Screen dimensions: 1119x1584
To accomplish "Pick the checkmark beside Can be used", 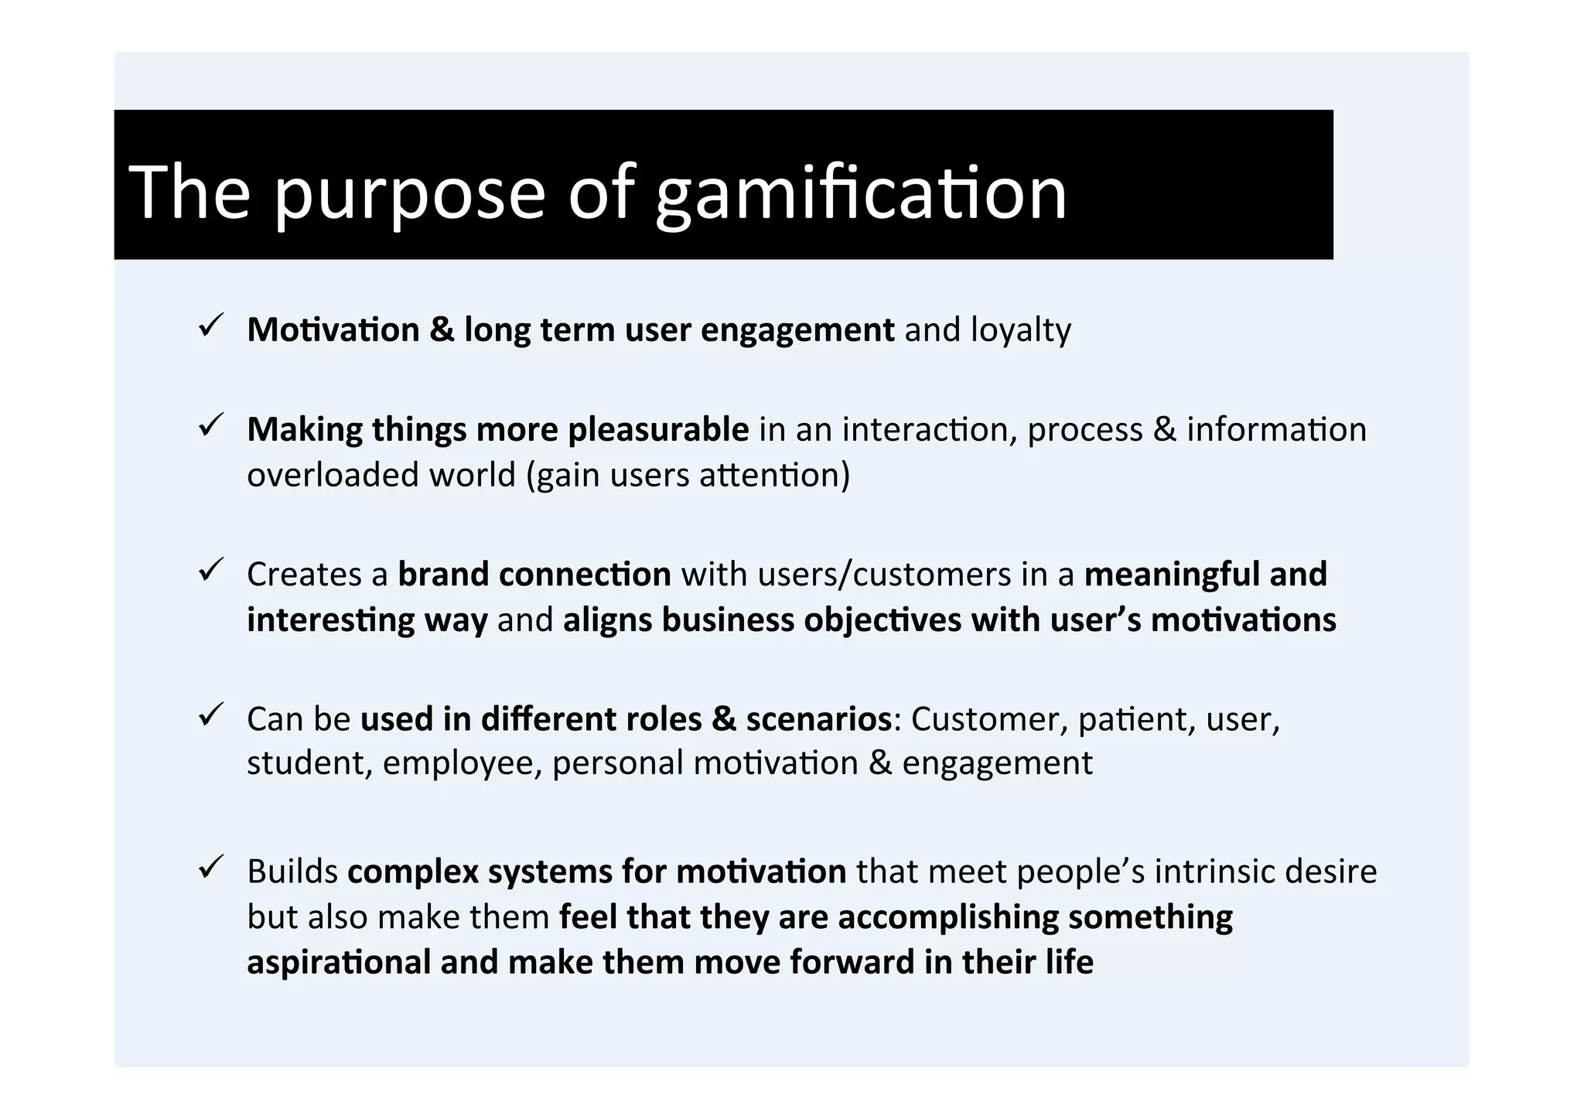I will pos(210,714).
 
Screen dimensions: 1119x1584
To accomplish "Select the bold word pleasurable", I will pos(658,430).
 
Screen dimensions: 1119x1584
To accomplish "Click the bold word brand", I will pos(443,575).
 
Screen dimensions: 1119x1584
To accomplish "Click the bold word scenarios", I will pos(818,719).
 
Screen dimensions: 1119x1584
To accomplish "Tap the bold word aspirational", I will pos(339,963).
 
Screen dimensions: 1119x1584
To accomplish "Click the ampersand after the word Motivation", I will pos(442,331).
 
